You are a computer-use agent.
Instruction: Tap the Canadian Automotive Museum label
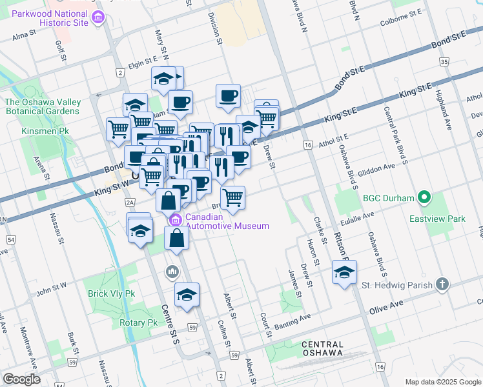pos(227,221)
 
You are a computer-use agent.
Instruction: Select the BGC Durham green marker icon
pos(424,197)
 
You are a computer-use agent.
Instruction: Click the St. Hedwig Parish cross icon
pos(442,284)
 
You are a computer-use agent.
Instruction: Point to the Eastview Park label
pos(437,219)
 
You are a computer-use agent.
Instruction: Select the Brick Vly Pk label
pos(112,293)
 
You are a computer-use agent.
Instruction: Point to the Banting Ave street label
pos(294,319)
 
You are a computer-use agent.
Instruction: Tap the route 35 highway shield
pos(444,61)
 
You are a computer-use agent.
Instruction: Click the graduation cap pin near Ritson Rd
pos(344,272)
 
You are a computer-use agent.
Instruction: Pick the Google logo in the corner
pos(21,379)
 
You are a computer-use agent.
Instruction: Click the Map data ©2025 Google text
pos(442,382)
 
